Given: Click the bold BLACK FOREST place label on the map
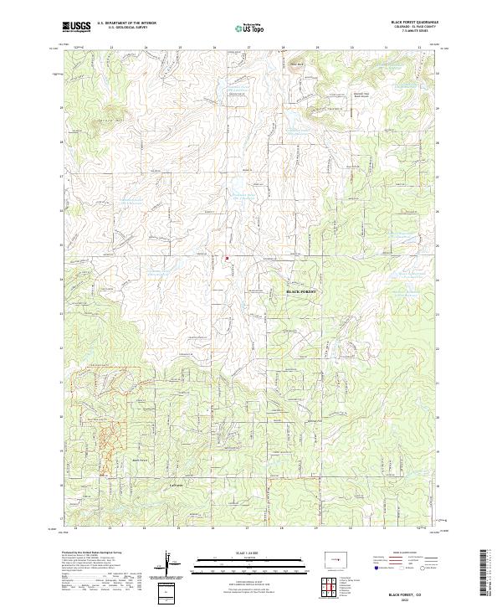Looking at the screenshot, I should tap(304, 291).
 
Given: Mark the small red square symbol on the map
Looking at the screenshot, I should tap(227, 259).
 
